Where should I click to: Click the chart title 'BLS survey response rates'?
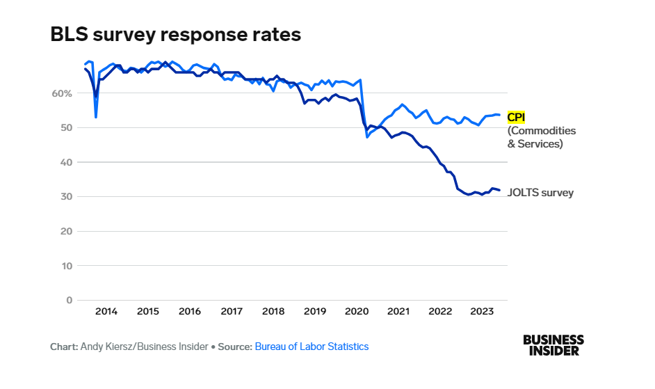(175, 35)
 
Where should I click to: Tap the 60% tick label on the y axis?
(61, 93)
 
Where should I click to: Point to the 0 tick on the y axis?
(69, 300)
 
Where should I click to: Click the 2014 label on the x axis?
(106, 312)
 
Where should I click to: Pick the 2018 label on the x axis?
(273, 312)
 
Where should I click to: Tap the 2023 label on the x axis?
(482, 312)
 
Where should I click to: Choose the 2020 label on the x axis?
(357, 312)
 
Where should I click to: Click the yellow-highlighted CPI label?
(516, 117)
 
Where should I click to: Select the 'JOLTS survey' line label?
(540, 193)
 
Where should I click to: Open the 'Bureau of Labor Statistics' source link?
(312, 347)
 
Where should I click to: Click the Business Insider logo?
(553, 345)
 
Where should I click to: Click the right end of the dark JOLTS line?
(499, 191)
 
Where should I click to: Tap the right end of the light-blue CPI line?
(499, 115)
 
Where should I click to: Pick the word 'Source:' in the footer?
(234, 347)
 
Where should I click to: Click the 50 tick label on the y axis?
(65, 128)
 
